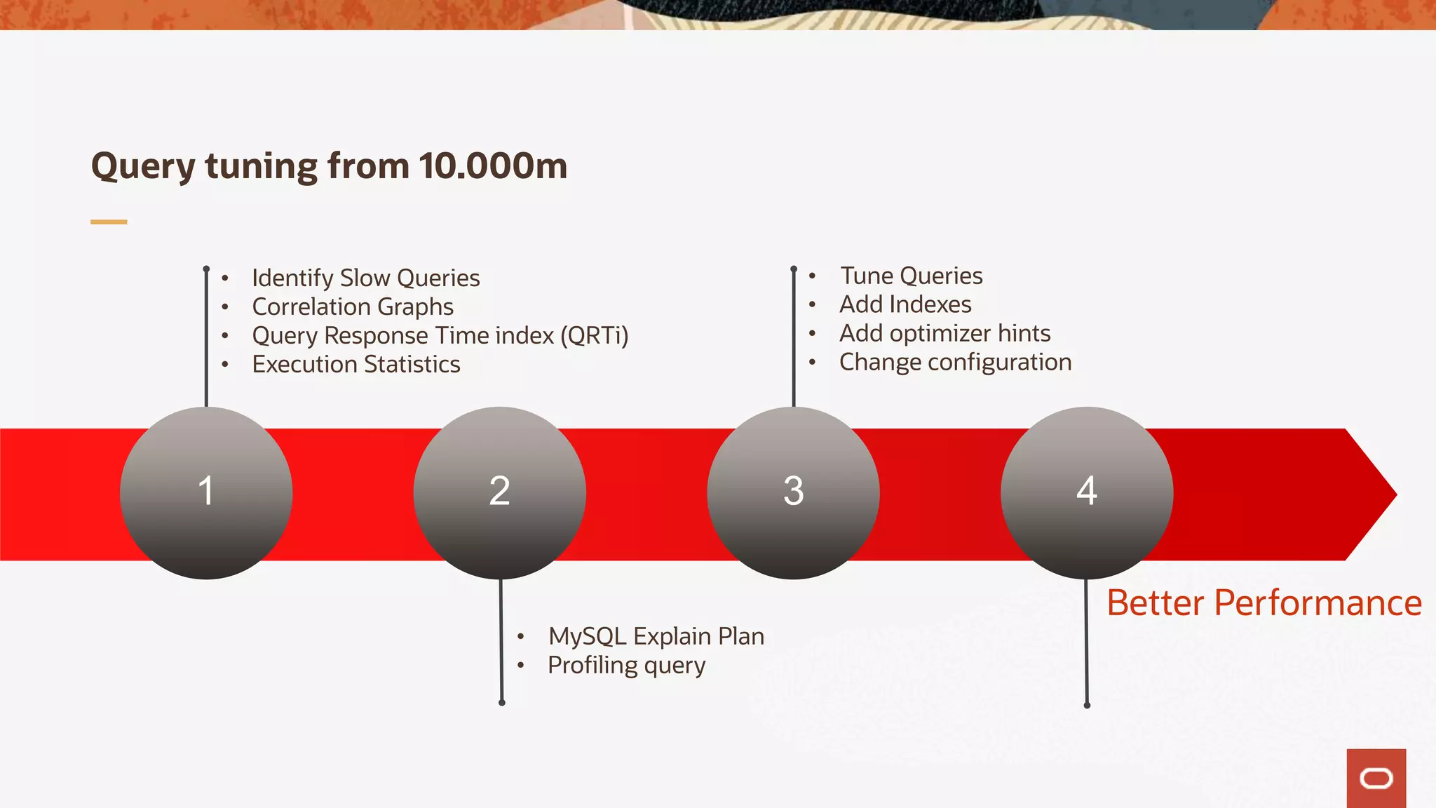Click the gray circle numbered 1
pos(206,492)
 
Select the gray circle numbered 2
pos(500,492)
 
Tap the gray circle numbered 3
pos(793,492)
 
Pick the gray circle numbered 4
pos(1087,492)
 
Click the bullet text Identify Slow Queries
pos(365,278)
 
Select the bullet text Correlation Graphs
pos(353,307)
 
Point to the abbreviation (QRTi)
pos(594,336)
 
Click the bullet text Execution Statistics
pos(356,365)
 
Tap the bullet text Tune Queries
pos(912,276)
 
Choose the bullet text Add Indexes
pos(905,305)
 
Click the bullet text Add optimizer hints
pos(945,334)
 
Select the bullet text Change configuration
pos(956,363)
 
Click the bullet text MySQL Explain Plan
pos(656,636)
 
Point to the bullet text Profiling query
pos(626,665)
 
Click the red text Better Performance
pos(1264,603)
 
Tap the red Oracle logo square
pos(1376,779)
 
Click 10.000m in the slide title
pos(493,166)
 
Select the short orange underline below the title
pos(109,222)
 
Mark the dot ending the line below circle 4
pos(1087,705)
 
